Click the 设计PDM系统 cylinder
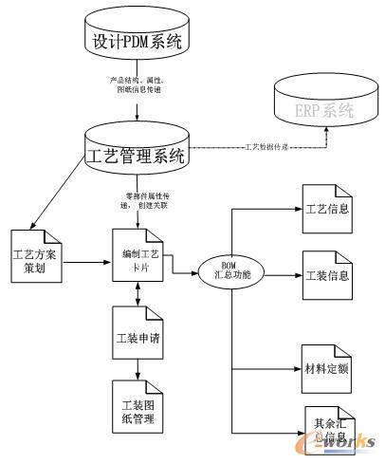[139, 41]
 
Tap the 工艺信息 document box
[327, 206]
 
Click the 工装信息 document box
[327, 276]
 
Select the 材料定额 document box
[327, 365]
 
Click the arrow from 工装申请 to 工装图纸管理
[139, 369]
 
